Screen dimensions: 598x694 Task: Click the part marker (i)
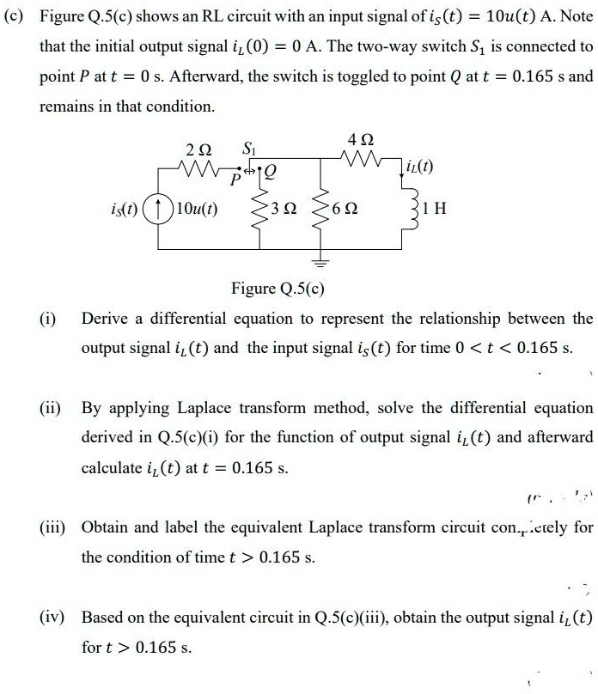click(49, 320)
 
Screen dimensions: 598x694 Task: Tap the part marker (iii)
click(53, 526)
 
